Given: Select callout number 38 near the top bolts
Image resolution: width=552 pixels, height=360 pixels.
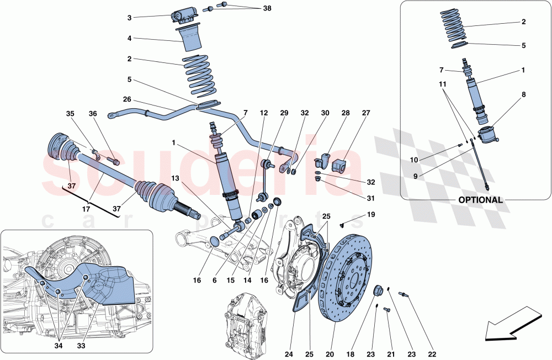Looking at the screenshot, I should pos(267,9).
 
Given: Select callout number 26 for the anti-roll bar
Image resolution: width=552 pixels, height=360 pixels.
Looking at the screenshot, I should pos(127,100).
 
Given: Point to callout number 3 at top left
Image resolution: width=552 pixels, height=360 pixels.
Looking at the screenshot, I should pos(129,18).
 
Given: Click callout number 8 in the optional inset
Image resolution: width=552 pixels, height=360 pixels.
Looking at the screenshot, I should pos(523,94).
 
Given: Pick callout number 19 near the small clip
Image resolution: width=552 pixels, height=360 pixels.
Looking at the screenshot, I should pos(370,214).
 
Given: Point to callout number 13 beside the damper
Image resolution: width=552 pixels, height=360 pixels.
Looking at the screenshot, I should pos(175,178).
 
